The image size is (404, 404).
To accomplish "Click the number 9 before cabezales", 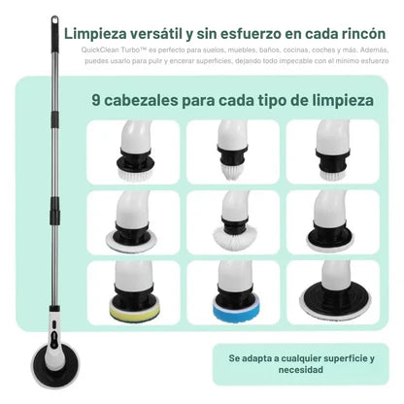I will [x=96, y=98].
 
